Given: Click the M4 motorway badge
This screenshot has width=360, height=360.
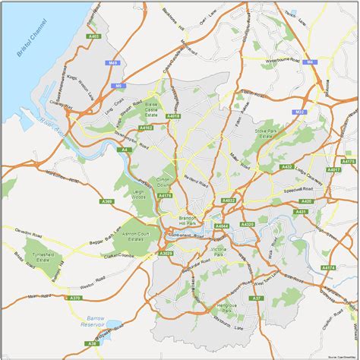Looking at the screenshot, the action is (x=309, y=62).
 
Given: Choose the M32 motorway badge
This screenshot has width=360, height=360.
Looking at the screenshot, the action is (x=301, y=112).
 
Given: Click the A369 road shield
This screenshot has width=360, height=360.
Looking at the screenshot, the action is (x=106, y=201).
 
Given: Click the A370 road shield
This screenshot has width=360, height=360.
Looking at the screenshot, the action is (x=75, y=298).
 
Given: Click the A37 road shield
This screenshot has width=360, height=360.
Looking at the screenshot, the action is (x=257, y=298).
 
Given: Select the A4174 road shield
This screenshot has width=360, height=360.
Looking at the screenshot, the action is (x=328, y=268).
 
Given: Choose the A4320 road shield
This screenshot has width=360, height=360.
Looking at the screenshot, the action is (x=248, y=225).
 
